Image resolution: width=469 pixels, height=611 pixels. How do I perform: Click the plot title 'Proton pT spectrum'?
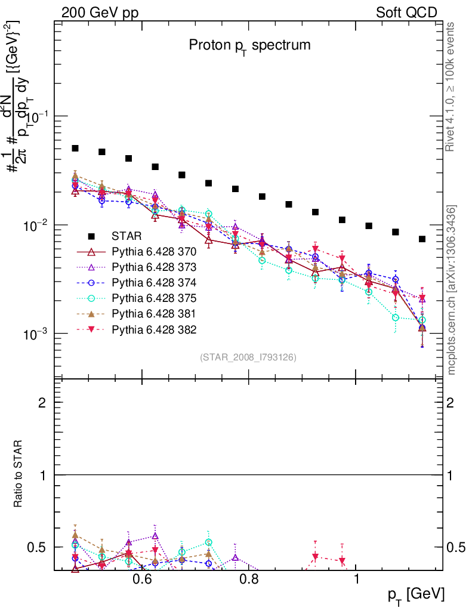pyautogui.click(x=249, y=45)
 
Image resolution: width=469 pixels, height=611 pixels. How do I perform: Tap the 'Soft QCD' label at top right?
pyautogui.click(x=406, y=13)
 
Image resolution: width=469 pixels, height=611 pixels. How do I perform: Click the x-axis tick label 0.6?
pyautogui.click(x=142, y=579)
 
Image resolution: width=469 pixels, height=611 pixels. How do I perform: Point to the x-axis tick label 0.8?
pyautogui.click(x=249, y=579)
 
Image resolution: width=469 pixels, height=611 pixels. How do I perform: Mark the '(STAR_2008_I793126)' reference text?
pyautogui.click(x=248, y=357)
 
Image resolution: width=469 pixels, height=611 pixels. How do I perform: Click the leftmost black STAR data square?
pyautogui.click(x=75, y=148)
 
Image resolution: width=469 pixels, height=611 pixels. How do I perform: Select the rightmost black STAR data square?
pyautogui.click(x=422, y=239)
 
